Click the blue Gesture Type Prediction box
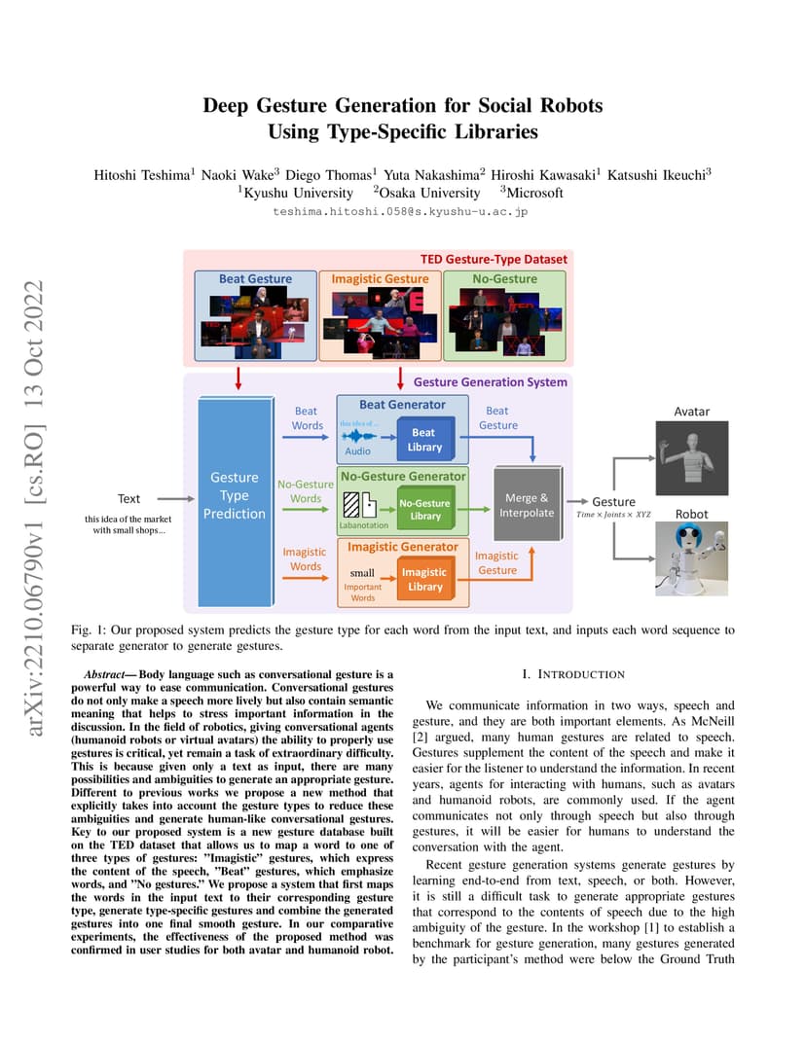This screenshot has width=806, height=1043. (236, 501)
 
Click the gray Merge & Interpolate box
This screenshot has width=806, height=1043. (528, 504)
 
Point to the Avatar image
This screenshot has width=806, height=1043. (691, 457)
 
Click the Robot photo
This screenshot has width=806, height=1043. (691, 558)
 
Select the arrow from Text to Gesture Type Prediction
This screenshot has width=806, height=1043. (176, 498)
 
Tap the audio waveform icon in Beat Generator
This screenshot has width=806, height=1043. (358, 436)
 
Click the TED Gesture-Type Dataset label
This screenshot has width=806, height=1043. (494, 260)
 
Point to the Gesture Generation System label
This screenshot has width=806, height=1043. (491, 381)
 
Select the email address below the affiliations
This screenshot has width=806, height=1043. (400, 211)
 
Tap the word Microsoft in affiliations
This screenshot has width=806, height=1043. (535, 193)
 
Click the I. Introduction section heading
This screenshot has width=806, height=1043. (573, 674)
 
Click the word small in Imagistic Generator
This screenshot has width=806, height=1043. (362, 573)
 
